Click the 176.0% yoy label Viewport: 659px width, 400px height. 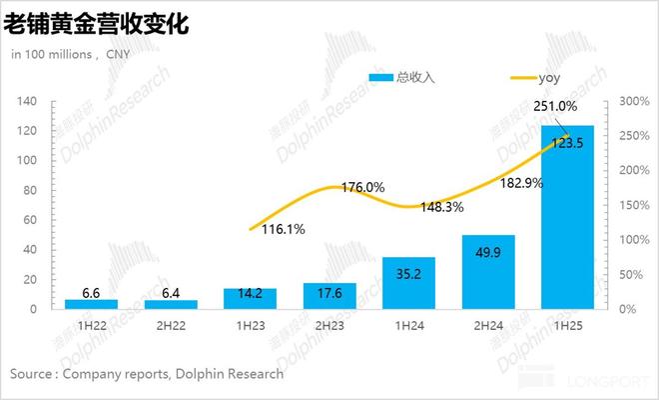pyautogui.click(x=362, y=187)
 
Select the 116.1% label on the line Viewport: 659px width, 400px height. pyautogui.click(x=284, y=229)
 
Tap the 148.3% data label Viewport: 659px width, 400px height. pyautogui.click(x=441, y=208)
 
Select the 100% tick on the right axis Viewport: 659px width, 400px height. pyautogui.click(x=631, y=240)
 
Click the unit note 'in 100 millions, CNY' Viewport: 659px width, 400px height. pyautogui.click(x=71, y=54)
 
